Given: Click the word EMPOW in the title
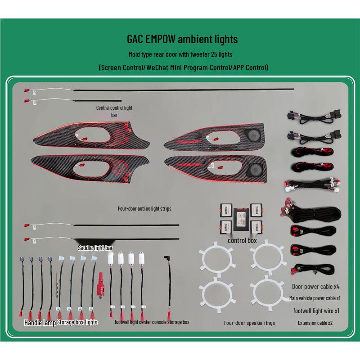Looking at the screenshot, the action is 160,39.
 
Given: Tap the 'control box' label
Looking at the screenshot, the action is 242,240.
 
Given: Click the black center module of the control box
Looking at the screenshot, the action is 241,219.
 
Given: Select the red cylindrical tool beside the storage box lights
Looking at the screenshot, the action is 100,285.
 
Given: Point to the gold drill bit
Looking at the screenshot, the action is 57,285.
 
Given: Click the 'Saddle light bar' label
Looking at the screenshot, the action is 95,248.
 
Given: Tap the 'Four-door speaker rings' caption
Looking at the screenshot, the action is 249,323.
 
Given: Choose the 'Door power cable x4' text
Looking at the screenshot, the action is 316,287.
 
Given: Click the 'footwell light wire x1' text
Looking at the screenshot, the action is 316,311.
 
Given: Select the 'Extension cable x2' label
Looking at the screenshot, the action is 315,323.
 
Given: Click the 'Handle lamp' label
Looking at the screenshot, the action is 40,323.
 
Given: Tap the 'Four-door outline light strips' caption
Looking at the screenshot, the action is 144,209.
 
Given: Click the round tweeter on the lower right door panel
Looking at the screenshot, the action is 255,170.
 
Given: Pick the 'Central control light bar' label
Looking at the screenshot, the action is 114,111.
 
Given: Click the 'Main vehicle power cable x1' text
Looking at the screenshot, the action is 315,298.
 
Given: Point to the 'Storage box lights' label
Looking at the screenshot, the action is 77,322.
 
